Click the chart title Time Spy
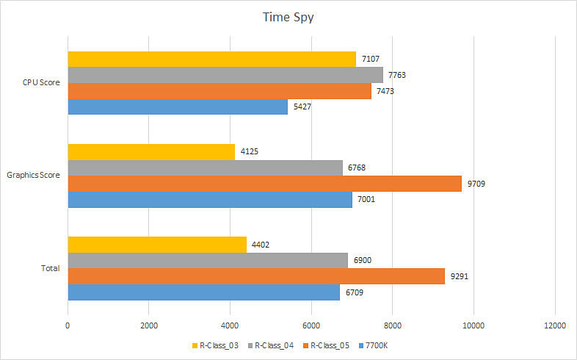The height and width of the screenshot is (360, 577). point(288,17)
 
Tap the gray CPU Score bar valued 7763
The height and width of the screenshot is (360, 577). point(225,75)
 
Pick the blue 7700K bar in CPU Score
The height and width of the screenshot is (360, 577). point(178,107)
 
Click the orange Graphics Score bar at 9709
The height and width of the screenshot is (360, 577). point(264,184)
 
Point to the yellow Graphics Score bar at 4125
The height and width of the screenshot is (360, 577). point(151,152)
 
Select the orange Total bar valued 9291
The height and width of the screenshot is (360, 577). point(256,276)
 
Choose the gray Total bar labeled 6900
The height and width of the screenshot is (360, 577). point(208,261)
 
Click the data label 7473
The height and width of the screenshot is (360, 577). point(387,91)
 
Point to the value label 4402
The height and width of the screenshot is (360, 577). point(262,245)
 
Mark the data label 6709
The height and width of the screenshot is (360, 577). point(355,292)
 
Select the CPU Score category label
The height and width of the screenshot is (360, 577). point(41,82)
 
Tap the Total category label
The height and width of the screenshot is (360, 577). point(50,268)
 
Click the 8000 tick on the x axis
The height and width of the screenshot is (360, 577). point(392,325)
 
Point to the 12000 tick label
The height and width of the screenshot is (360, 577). point(554,325)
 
